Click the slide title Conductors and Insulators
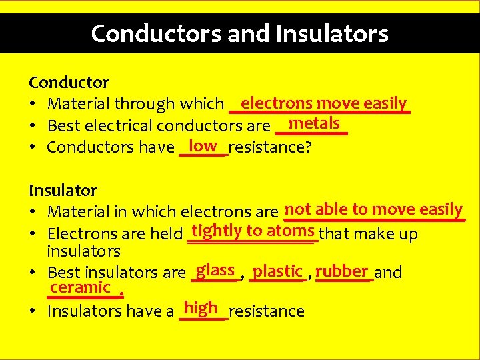click(239, 33)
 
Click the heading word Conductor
click(69, 83)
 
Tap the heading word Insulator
click(63, 191)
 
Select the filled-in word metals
click(314, 123)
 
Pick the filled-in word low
click(203, 145)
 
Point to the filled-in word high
click(201, 307)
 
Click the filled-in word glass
click(215, 270)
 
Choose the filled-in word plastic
click(278, 271)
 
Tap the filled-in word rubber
click(342, 271)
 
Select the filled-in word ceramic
click(80, 287)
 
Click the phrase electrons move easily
click(323, 103)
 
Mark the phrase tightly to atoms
click(253, 231)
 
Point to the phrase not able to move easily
click(373, 209)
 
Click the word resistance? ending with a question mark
click(270, 147)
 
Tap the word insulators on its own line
click(83, 251)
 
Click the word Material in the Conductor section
click(79, 104)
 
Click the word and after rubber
click(389, 272)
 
